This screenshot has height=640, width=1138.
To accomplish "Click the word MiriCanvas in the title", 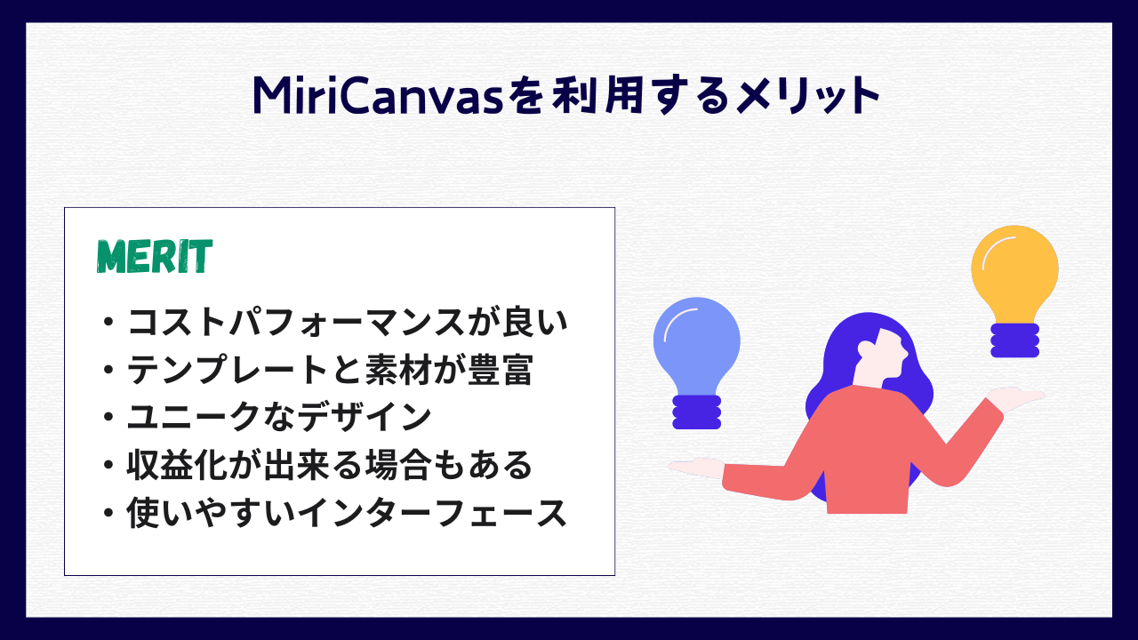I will coord(378,96).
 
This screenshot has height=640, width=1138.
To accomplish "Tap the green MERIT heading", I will coord(154,256).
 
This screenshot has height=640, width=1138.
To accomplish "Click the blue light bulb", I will coord(696,341).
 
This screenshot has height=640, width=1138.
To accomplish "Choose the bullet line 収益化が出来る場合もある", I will coord(330,465).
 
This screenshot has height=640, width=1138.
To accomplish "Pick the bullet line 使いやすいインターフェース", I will coord(347,513).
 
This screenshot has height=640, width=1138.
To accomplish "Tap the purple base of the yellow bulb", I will coord(1014,340).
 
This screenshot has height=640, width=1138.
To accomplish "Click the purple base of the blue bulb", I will coord(696,412).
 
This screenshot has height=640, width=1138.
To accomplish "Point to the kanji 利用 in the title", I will coord(586,96).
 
